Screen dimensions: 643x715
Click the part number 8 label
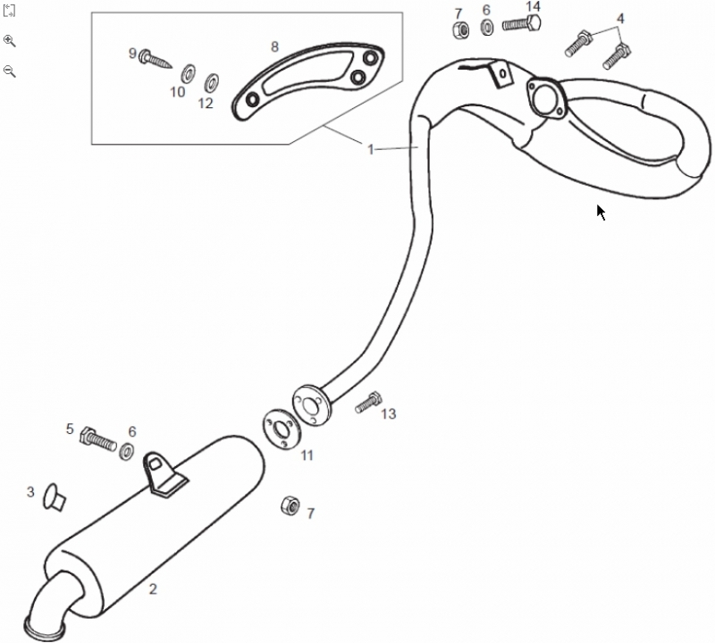coord(274,46)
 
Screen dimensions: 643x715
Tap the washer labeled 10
coord(189,73)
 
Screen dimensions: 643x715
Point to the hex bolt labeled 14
coord(518,24)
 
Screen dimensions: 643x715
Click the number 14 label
coord(533,7)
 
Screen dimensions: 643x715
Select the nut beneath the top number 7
coord(458,29)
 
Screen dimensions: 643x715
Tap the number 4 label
coord(620,18)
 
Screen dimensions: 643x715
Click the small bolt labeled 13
coord(368,403)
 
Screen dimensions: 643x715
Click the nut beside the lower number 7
coord(290,505)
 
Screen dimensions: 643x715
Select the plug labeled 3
coord(55,496)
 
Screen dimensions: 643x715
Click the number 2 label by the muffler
coord(153,589)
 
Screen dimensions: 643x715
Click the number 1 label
coord(370,149)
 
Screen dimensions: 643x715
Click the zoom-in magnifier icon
coord(10,40)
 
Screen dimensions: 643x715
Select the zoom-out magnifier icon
coord(10,71)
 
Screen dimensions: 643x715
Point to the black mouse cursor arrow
coord(601,212)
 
